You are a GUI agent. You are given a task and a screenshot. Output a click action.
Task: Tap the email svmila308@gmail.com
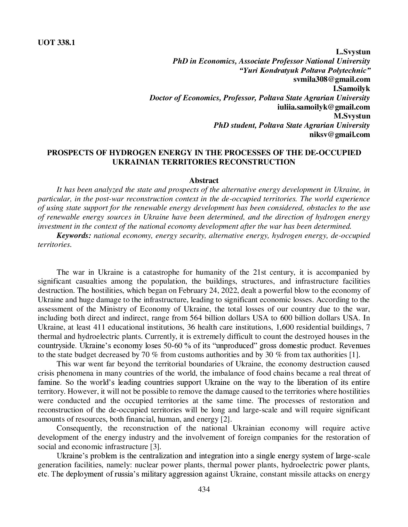pos(332,80)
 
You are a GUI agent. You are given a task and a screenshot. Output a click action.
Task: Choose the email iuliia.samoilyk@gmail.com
pos(323,107)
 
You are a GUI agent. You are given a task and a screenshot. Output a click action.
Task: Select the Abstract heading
pos(204,181)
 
